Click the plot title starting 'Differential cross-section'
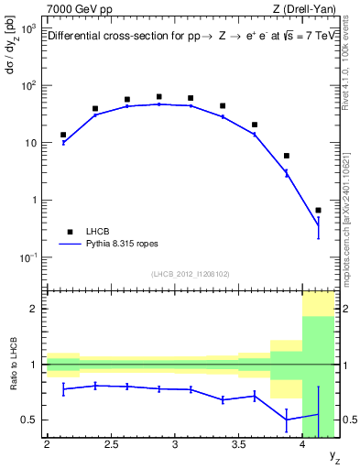click(x=190, y=38)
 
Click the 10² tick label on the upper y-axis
click(x=27, y=85)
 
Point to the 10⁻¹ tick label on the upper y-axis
click(x=27, y=257)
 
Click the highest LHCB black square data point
click(x=159, y=96)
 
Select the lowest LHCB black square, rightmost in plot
click(x=318, y=210)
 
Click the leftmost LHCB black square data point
click(x=63, y=135)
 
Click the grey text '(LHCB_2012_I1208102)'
click(x=191, y=273)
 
